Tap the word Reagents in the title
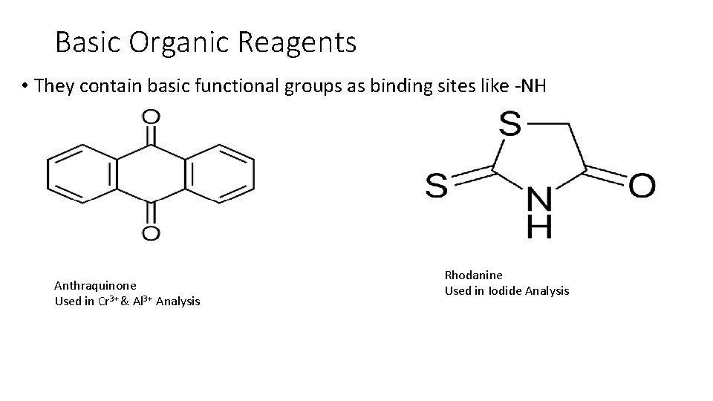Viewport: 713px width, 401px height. (x=298, y=43)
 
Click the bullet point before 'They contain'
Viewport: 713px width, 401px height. (x=25, y=87)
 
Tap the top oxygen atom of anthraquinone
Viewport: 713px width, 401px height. (x=151, y=117)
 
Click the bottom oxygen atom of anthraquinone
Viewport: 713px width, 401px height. (x=151, y=233)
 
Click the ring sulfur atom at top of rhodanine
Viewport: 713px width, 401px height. (x=510, y=123)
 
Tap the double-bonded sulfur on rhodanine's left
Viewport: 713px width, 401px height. (x=437, y=185)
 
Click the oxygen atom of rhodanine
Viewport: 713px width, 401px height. (x=642, y=185)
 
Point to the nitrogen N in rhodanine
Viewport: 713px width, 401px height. (x=539, y=199)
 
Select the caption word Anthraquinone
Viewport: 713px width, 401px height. (x=95, y=284)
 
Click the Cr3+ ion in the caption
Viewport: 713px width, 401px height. (x=109, y=301)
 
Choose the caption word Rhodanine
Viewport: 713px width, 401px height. (x=473, y=276)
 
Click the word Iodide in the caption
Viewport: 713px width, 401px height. (x=505, y=290)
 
